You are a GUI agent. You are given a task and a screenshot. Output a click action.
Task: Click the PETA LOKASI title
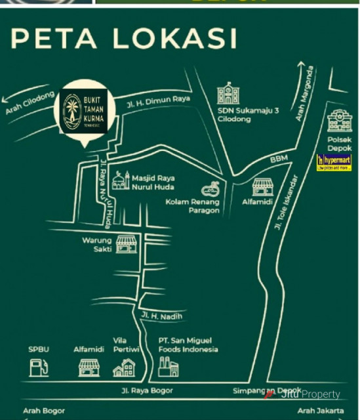124,39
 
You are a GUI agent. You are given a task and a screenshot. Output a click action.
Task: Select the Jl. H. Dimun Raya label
159,99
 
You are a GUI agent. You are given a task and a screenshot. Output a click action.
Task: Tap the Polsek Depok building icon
339,122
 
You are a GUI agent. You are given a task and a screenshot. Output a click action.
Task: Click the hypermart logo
334,162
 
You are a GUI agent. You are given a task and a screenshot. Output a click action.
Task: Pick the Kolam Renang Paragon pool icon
210,190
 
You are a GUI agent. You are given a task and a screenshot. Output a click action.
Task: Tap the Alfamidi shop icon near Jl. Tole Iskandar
264,188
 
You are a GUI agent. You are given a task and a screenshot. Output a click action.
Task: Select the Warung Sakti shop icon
126,245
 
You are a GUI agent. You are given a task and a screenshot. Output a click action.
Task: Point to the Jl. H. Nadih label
161,316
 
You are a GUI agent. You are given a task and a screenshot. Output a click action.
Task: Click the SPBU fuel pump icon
39,367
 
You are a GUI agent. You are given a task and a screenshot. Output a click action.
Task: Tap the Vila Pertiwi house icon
124,367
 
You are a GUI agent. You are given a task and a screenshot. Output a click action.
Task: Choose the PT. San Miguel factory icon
169,367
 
